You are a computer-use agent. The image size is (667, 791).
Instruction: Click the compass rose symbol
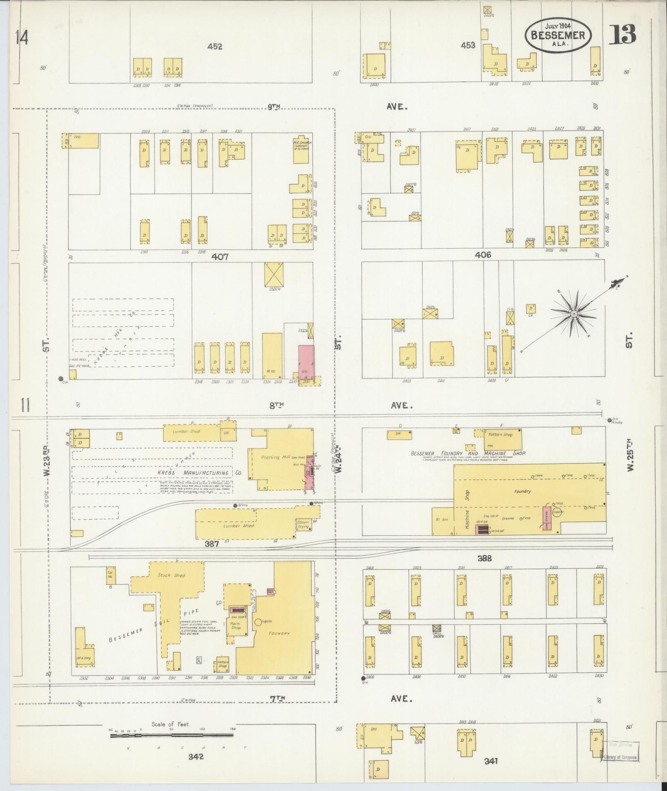point(574,315)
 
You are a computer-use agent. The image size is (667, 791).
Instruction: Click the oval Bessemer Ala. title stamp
point(558,35)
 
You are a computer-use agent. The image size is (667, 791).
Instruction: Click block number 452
point(215,47)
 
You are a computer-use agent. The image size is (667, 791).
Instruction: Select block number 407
point(220,257)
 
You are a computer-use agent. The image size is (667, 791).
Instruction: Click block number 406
point(483,255)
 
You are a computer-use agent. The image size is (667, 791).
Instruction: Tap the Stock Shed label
point(171,575)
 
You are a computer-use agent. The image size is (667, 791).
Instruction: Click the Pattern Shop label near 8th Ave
point(500,435)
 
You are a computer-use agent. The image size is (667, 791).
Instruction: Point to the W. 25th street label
point(630,455)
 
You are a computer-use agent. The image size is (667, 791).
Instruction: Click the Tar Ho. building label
point(111,575)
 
